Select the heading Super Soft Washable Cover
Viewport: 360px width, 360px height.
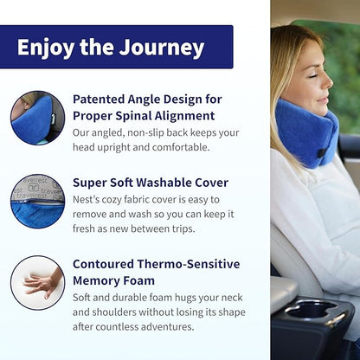tap(150, 183)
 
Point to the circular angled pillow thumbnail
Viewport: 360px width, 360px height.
tap(37, 119)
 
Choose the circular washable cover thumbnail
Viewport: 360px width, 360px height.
tap(37, 202)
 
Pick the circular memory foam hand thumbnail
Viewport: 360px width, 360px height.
tap(37, 283)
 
